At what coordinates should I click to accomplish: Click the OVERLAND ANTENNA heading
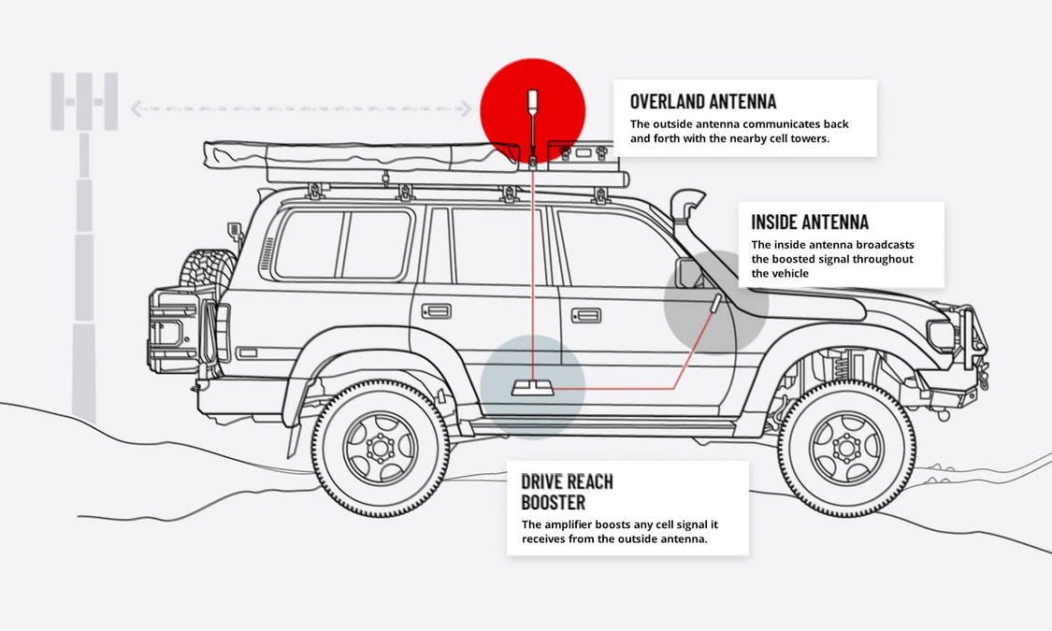tap(703, 101)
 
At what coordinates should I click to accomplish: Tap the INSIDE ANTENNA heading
tap(810, 222)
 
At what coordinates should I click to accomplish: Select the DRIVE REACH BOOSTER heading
tap(567, 492)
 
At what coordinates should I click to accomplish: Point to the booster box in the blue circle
tap(532, 387)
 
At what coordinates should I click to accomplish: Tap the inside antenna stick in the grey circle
tap(714, 304)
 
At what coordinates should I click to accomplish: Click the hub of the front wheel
tap(845, 447)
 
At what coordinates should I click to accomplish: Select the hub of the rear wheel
tap(380, 448)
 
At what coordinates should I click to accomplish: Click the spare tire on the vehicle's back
tap(208, 280)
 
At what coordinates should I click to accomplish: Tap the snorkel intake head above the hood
tap(688, 201)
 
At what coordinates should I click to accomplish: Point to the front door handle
tap(586, 315)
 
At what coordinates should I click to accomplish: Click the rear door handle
tap(436, 310)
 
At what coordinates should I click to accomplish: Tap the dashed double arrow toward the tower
tap(300, 109)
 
